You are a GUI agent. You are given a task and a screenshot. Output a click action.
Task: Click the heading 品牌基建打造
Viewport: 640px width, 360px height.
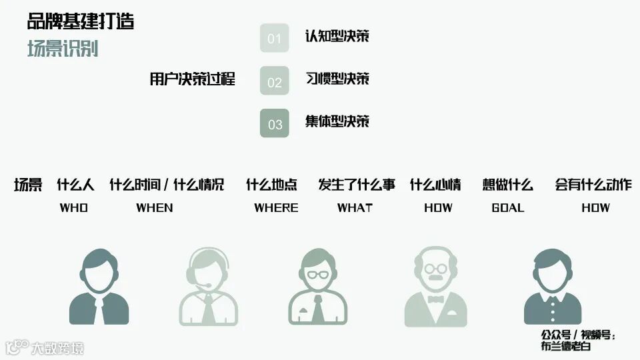(81, 21)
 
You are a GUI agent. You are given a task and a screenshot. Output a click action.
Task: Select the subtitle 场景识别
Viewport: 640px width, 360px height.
(63, 49)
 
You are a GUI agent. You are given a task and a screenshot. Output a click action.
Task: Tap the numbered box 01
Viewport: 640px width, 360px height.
(275, 38)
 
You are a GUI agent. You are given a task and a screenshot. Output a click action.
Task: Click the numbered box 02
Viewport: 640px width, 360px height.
(275, 81)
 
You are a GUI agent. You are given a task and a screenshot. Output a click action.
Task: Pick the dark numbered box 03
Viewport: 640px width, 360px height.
(275, 123)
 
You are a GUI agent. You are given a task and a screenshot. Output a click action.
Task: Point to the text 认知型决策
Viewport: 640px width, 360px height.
(337, 36)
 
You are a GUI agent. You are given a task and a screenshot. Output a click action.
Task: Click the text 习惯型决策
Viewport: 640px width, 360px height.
(337, 79)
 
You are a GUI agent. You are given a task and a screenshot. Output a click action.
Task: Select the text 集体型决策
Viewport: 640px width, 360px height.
(337, 121)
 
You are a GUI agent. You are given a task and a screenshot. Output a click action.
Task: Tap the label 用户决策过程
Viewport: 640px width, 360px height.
(193, 79)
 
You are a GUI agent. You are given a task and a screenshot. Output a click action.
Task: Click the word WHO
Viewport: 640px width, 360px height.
(74, 207)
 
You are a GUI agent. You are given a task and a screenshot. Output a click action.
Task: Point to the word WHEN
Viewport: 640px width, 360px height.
(155, 207)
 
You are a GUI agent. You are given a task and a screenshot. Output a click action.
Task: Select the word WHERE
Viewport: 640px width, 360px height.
(276, 207)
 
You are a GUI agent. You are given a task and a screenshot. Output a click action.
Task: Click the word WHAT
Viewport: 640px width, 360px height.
(355, 207)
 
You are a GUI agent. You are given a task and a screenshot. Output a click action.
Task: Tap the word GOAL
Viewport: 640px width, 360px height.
(508, 207)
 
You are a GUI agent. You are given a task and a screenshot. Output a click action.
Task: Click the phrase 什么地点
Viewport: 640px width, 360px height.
(271, 185)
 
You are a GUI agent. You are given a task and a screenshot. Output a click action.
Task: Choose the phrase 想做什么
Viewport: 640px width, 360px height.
(508, 185)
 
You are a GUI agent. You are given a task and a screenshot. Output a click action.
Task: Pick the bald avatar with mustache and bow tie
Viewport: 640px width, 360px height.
(435, 287)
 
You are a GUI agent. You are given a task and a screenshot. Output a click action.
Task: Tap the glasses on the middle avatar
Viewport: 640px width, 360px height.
(318, 274)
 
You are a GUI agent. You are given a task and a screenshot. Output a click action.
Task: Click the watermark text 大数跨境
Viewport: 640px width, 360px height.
(57, 347)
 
